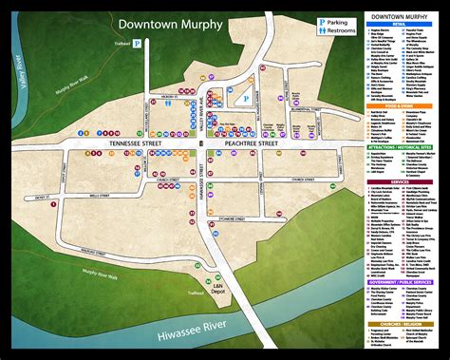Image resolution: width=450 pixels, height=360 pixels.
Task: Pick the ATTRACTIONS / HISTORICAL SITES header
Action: pyautogui.click(x=399, y=148)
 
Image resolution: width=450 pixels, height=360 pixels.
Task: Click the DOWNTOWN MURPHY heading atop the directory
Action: pyautogui.click(x=400, y=16)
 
